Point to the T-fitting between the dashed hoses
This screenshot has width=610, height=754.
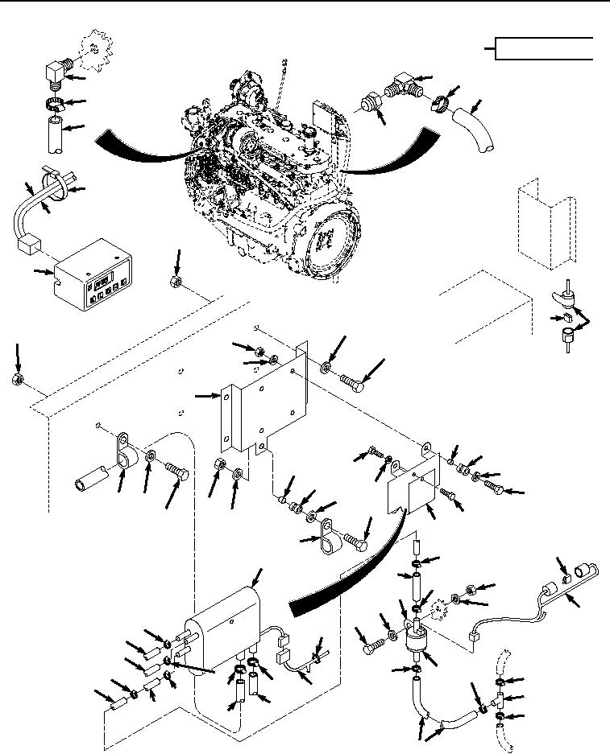[x=499, y=698]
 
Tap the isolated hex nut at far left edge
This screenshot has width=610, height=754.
[x=17, y=379]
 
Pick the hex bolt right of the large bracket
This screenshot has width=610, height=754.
[x=353, y=380]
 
